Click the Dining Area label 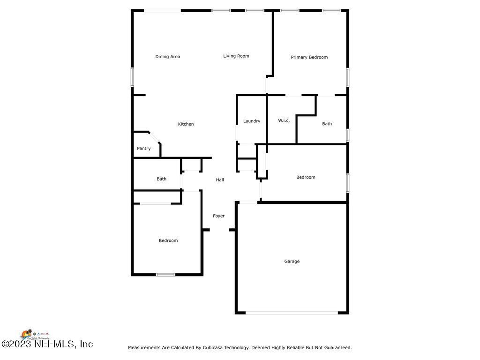click(168, 57)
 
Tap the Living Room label click(236, 56)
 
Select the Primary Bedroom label click(309, 57)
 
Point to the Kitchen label click(186, 124)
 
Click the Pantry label click(144, 149)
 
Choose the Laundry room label click(252, 121)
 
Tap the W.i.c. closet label click(284, 120)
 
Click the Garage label click(292, 262)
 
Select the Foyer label click(219, 216)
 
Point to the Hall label click(220, 180)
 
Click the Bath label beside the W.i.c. click(327, 124)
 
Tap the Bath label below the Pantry click(161, 179)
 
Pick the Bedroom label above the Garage click(306, 177)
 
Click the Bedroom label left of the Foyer click(168, 241)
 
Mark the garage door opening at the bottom click(292, 313)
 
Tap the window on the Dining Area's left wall click(133, 77)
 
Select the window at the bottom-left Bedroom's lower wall click(165, 275)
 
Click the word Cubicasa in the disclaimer click(214, 348)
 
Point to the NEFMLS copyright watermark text click(47, 344)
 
